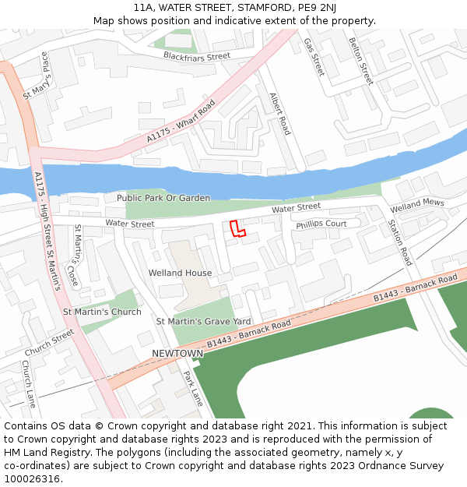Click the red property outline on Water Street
(237, 228)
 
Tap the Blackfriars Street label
(197, 56)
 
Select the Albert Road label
(279, 114)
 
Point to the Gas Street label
(313, 57)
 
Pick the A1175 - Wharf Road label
(181, 122)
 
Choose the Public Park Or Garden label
(163, 198)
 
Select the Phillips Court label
(321, 224)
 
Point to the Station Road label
(400, 242)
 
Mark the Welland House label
(180, 273)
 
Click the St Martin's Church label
(102, 312)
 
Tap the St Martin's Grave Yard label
(203, 321)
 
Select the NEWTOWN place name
(177, 353)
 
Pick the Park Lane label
(193, 387)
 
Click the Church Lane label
(29, 384)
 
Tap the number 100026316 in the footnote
(33, 478)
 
